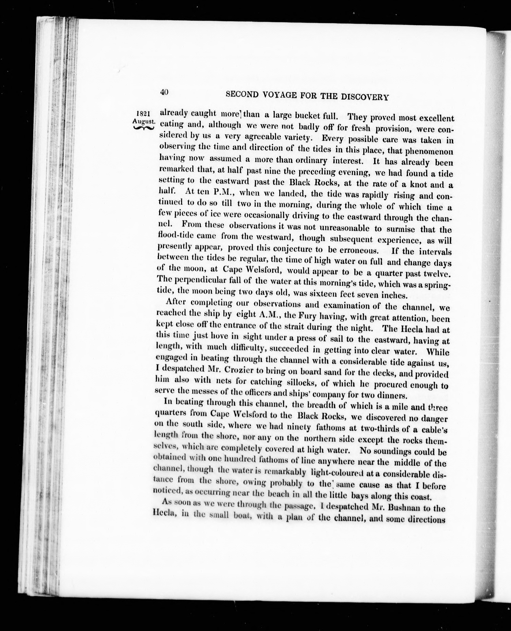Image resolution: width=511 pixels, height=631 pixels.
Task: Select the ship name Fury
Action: point(308,316)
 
